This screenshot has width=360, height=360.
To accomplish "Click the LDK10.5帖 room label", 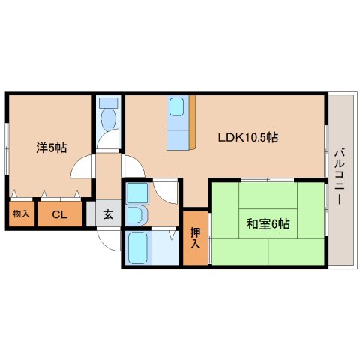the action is pyautogui.click(x=248, y=137).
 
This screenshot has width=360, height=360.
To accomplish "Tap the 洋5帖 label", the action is pyautogui.click(x=52, y=148).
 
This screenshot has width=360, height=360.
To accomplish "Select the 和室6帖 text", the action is pyautogui.click(x=268, y=224).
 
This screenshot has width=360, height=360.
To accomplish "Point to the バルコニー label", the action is pyautogui.click(x=340, y=176).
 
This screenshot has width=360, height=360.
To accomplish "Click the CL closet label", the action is pyautogui.click(x=60, y=214).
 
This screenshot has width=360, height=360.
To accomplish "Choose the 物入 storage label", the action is pyautogui.click(x=22, y=214).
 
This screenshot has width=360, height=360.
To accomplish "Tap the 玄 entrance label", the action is pyautogui.click(x=108, y=214).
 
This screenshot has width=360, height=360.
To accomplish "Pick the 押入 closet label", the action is pyautogui.click(x=195, y=238).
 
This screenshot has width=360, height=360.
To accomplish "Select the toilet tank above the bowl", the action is pyautogui.click(x=109, y=103).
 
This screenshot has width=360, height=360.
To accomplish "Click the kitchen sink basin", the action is pyautogui.click(x=177, y=106).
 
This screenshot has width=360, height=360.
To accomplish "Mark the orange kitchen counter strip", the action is pyautogui.click(x=192, y=122).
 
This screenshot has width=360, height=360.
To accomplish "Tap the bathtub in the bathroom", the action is pyautogui.click(x=138, y=247).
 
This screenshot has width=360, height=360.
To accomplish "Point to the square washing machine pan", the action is pyautogui.click(x=137, y=193).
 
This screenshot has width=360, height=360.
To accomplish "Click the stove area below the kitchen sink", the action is pyautogui.click(x=178, y=140).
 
